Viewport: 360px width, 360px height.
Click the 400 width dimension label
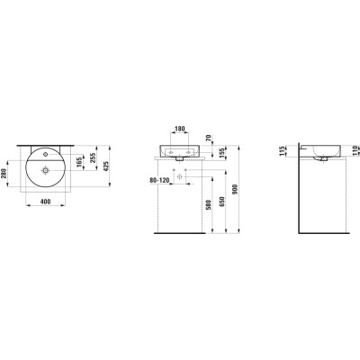(x=45, y=202)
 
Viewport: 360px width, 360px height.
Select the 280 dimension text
(x=4, y=174)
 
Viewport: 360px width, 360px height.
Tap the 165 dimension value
(x=79, y=163)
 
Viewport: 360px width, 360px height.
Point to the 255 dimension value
(x=93, y=157)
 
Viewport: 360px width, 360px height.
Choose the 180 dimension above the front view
(x=179, y=129)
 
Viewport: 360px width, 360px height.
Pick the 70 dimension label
(x=210, y=138)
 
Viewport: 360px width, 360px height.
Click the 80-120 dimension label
(x=160, y=181)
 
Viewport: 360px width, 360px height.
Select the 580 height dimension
(x=209, y=205)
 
